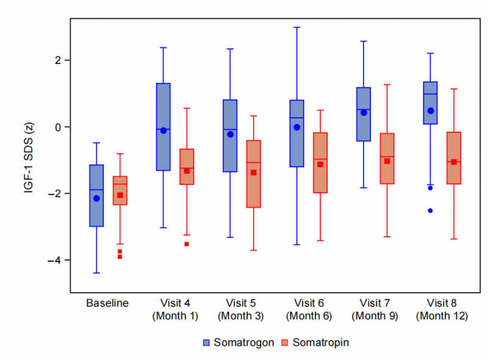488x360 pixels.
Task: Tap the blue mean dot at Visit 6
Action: pos(297,127)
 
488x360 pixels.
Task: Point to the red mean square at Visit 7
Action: pos(387,161)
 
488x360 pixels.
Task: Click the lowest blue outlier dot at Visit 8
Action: pos(430,211)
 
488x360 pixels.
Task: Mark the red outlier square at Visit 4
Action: pos(187,244)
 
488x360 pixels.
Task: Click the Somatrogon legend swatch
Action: pos(207,342)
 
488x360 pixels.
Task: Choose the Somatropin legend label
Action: pos(321,342)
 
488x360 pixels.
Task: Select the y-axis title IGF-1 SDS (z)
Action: pos(28,158)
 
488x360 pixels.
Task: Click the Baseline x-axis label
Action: pos(107,303)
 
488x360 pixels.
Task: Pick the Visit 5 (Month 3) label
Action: pos(242,309)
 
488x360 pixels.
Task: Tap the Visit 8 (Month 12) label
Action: pos(442,309)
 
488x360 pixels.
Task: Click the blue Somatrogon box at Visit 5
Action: pos(230,135)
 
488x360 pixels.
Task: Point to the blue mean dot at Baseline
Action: pos(96,198)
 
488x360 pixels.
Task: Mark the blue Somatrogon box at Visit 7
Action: pos(364,114)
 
